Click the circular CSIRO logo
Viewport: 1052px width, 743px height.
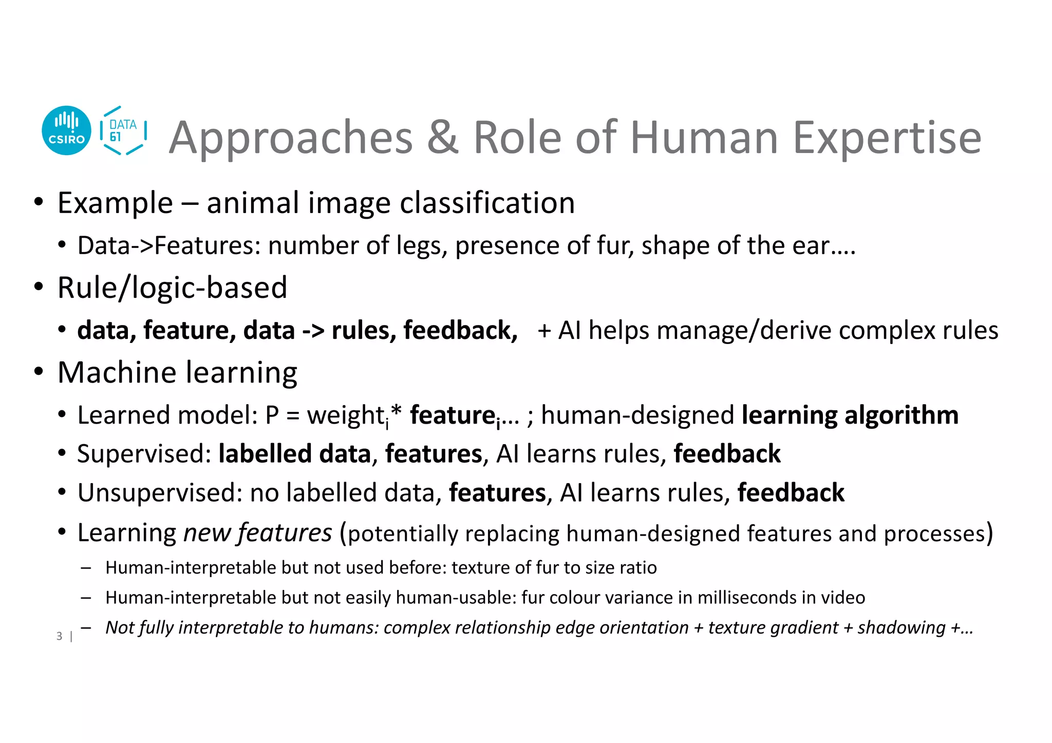coord(66,130)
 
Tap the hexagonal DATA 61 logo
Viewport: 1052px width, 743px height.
coord(123,130)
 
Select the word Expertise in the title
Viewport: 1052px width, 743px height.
coord(887,138)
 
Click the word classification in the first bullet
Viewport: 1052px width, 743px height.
coord(487,203)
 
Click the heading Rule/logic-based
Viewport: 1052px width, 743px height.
coord(172,288)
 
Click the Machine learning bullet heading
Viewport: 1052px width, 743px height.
coord(177,372)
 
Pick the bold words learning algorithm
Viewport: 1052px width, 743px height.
coord(850,415)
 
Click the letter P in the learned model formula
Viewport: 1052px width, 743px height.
coord(272,415)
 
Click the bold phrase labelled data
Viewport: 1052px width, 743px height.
coord(294,454)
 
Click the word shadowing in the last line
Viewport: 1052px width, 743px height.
coord(901,627)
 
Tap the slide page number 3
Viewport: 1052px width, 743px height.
coord(60,636)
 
